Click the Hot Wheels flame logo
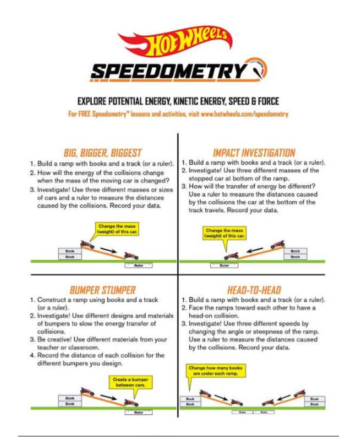176,42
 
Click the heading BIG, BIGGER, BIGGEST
102,153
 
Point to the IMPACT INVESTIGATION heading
254,153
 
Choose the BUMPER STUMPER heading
102,290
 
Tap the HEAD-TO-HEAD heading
254,290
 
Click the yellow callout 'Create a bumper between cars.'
130,382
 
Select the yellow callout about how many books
216,371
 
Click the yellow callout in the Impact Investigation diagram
224,233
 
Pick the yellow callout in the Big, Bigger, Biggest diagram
117,229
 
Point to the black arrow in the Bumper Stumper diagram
108,397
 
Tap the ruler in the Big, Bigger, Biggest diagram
138,265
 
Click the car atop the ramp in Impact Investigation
278,244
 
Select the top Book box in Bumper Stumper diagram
70,398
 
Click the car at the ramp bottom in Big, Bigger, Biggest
131,256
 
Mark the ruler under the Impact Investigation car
224,265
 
